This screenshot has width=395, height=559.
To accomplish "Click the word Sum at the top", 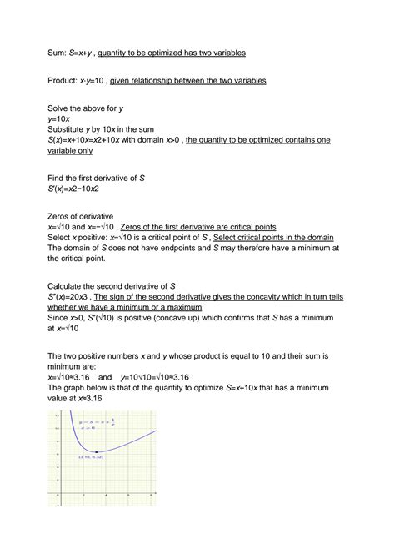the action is click(57, 53).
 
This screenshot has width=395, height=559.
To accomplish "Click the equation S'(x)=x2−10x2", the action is click(83, 188).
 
